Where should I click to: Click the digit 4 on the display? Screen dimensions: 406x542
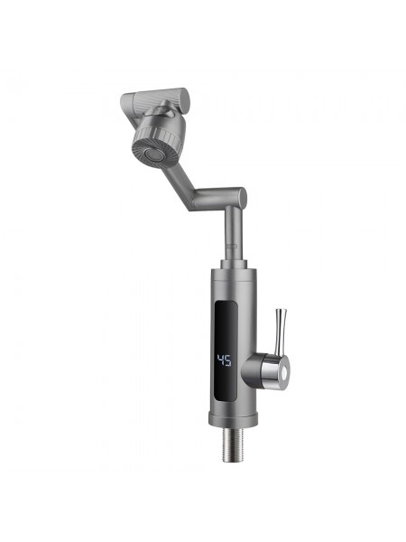(x=220, y=360)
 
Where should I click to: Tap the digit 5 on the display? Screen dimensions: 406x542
(x=227, y=360)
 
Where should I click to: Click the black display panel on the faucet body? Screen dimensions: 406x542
(x=226, y=351)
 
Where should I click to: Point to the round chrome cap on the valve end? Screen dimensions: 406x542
(x=284, y=372)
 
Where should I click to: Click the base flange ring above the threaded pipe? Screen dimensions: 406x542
(x=233, y=418)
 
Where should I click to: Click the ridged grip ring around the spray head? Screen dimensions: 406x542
(x=159, y=138)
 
